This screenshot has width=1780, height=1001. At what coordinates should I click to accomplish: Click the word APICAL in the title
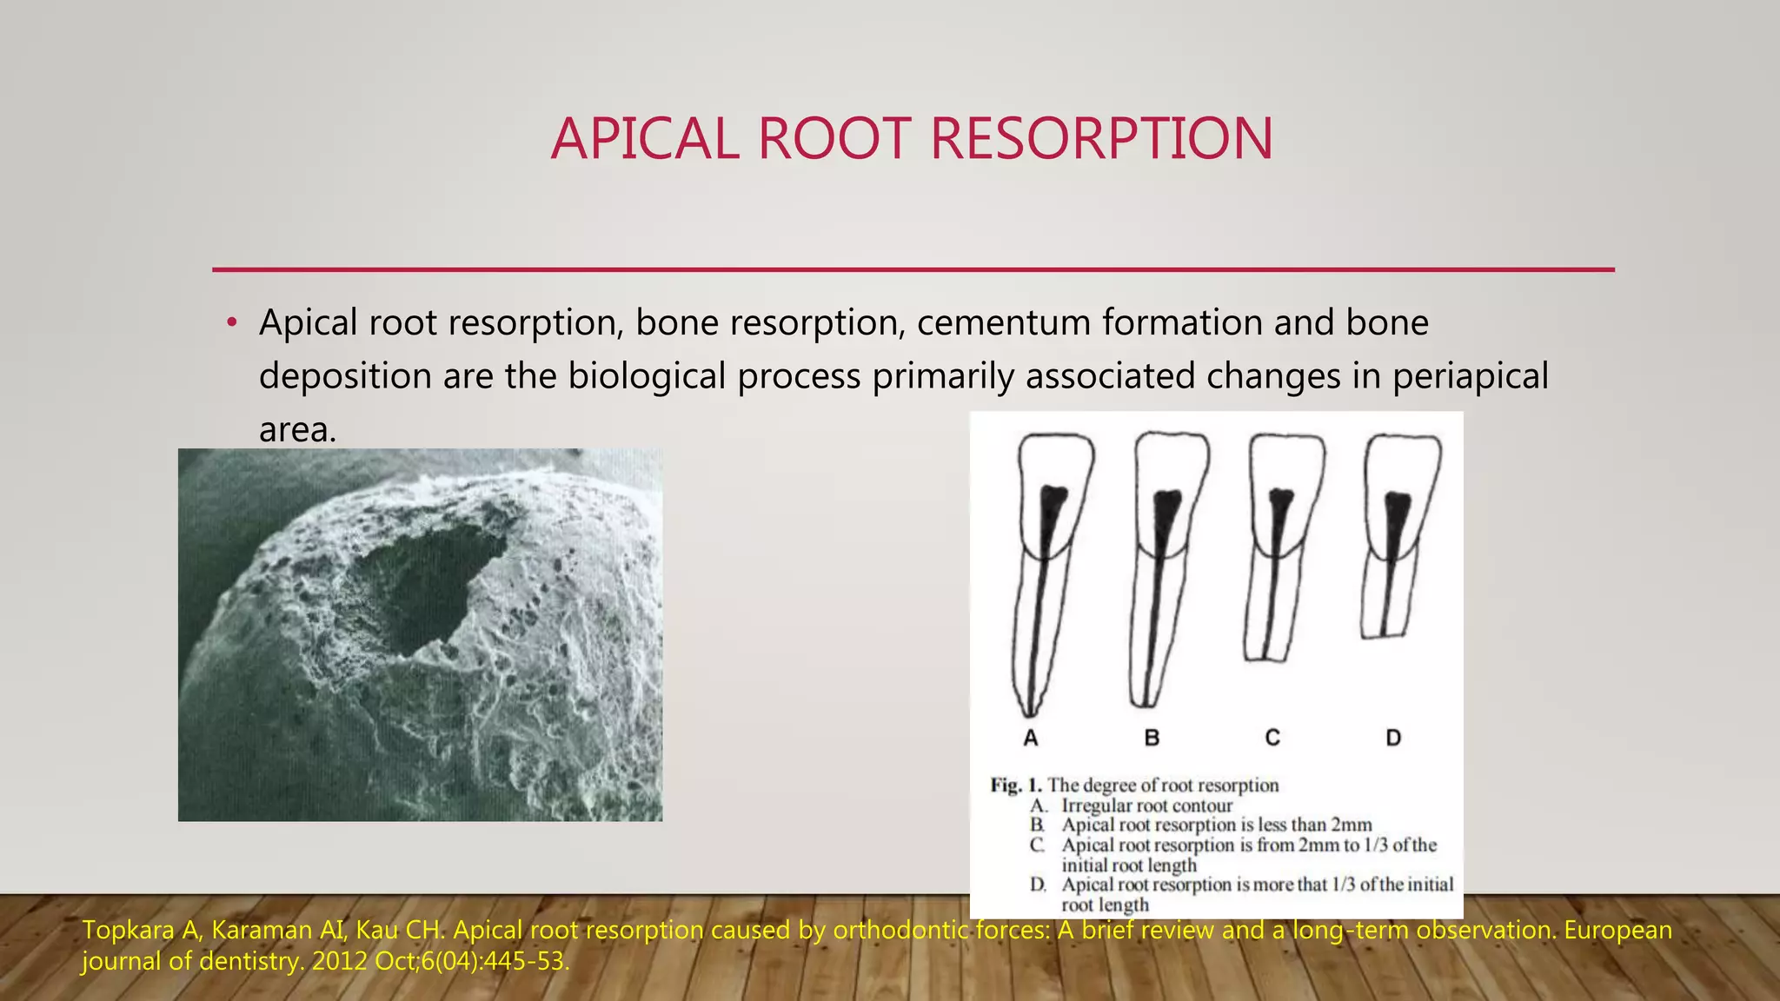(644, 139)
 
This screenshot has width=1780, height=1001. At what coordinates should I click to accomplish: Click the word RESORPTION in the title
(1101, 139)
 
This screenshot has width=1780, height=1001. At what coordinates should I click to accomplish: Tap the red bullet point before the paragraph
(231, 324)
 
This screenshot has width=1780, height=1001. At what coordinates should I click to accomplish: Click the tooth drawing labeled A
(1047, 573)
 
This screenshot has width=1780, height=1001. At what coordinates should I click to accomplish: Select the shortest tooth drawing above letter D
(1396, 539)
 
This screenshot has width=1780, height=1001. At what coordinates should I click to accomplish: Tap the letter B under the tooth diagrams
(1152, 738)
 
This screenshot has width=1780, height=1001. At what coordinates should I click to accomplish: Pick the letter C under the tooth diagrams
(1272, 738)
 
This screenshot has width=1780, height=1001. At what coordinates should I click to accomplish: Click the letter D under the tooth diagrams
(1393, 738)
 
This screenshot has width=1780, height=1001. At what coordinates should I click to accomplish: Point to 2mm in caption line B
(1351, 825)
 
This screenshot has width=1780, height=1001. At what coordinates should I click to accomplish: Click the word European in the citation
(1617, 931)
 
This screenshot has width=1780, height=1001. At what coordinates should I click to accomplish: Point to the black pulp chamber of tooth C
(1280, 502)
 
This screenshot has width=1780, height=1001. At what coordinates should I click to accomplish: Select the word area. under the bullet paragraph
(297, 430)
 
